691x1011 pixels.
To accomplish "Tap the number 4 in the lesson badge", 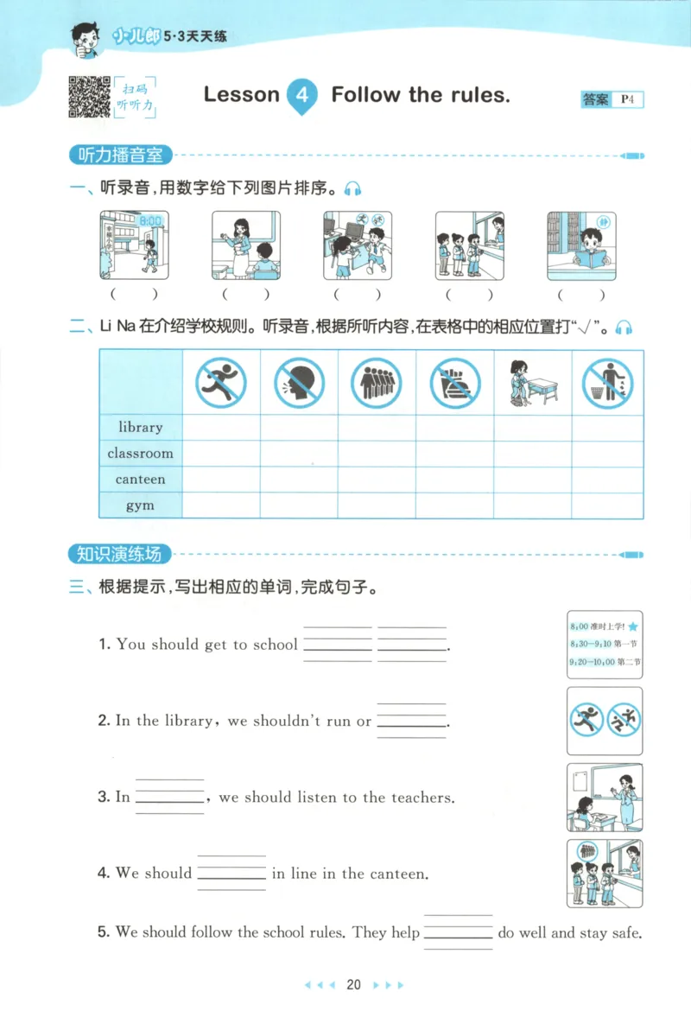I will click(x=301, y=95).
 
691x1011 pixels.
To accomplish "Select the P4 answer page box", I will click(x=627, y=99).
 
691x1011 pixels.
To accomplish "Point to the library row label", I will click(x=140, y=428).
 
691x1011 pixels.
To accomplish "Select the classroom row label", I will click(x=140, y=454).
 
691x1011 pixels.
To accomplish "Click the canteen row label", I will click(x=140, y=480).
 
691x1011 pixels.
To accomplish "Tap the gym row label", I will click(x=140, y=505).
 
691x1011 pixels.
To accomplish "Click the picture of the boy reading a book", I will click(x=581, y=245).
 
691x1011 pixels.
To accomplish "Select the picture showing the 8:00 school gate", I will click(x=134, y=245).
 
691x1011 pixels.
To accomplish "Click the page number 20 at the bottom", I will click(x=353, y=984).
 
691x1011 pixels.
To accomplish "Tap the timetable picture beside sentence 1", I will click(x=605, y=644).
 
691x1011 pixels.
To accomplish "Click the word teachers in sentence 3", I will click(x=422, y=798).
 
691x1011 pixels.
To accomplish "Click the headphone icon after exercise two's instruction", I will click(x=624, y=327).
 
